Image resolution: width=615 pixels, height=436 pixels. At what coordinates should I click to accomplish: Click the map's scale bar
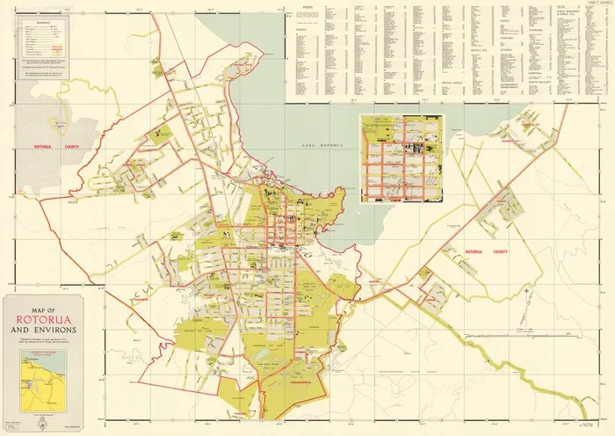click(x=518, y=336)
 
